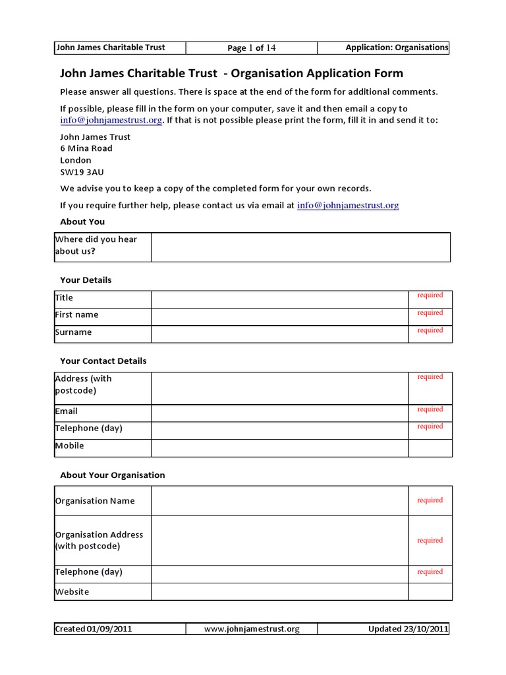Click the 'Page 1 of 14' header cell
pyautogui.click(x=251, y=47)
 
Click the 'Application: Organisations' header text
pyautogui.click(x=397, y=47)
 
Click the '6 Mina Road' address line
pyautogui.click(x=86, y=148)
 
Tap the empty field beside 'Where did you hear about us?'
pyautogui.click(x=300, y=247)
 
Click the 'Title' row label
pyautogui.click(x=65, y=298)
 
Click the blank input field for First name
pyautogui.click(x=279, y=316)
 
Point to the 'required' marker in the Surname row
pyautogui.click(x=430, y=330)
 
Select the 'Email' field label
pyautogui.click(x=67, y=411)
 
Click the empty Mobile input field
pyautogui.click(x=279, y=448)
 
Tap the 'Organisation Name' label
pyautogui.click(x=95, y=501)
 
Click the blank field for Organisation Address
pyautogui.click(x=279, y=541)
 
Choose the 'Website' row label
pyautogui.click(x=72, y=592)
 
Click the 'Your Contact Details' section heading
pyautogui.click(x=103, y=361)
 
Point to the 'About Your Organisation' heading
pyautogui.click(x=113, y=475)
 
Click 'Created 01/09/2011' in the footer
pyautogui.click(x=94, y=629)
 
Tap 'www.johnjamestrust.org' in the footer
pyautogui.click(x=252, y=629)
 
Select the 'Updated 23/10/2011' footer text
pyautogui.click(x=408, y=629)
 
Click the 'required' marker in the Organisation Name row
pyautogui.click(x=430, y=500)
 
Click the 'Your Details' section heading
pyautogui.click(x=86, y=280)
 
